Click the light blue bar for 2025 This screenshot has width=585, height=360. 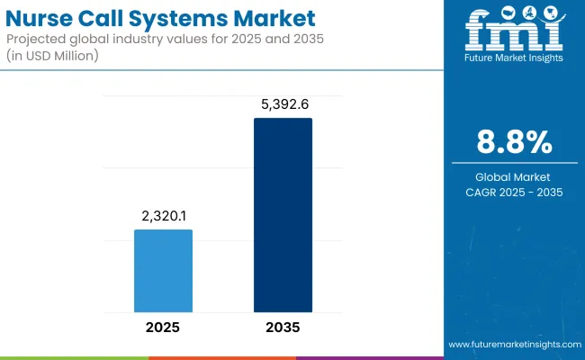163,270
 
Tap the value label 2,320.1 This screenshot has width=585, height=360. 163,217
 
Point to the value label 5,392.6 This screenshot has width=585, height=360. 283,104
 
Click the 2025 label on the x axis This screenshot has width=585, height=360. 163,328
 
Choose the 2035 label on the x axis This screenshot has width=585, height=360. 283,328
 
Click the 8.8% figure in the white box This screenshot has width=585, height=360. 515,142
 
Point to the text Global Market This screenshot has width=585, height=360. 515,176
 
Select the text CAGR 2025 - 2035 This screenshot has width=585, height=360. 515,191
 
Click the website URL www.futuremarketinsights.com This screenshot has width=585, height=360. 513,345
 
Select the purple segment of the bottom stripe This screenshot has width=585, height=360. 369,357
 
